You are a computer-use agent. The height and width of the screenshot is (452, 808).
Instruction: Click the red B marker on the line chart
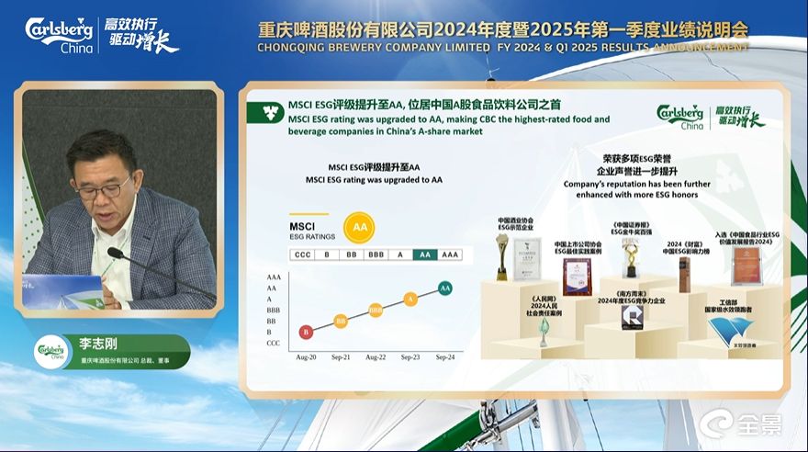coord(306,332)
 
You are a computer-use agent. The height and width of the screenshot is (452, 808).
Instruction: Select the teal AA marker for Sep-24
coord(445,288)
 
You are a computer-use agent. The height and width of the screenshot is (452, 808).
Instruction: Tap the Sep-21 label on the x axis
coord(341,356)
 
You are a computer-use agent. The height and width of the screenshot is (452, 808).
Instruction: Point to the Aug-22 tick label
coord(376,356)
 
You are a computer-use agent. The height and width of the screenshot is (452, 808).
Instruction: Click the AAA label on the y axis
coord(274,277)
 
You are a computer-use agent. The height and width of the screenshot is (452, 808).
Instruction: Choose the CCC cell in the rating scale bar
coord(302,254)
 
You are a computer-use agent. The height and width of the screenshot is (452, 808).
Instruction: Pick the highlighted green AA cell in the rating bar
coord(424,254)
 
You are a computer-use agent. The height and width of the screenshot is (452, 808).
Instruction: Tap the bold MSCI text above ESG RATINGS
coord(304,225)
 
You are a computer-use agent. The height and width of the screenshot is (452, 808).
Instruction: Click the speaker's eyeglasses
coord(102,189)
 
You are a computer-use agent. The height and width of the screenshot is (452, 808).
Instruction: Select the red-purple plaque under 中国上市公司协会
coord(577,276)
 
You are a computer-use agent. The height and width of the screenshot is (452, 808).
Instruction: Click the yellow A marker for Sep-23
coord(410,299)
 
